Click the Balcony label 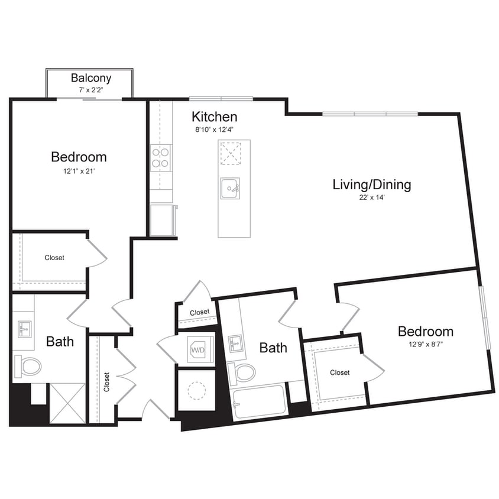(x=91, y=77)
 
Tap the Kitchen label (x=214, y=116)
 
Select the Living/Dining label (x=371, y=184)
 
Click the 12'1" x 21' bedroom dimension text (x=79, y=171)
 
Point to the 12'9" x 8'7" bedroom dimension (x=425, y=345)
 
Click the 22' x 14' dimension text (x=371, y=199)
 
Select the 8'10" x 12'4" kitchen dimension (x=214, y=129)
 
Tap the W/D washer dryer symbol (x=197, y=349)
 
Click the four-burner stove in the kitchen (x=161, y=157)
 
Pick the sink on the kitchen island (x=231, y=189)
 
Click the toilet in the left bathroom (x=27, y=366)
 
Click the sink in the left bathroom (x=24, y=328)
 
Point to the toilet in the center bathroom (x=242, y=372)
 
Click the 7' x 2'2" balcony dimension (x=91, y=89)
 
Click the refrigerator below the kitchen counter (x=162, y=220)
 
